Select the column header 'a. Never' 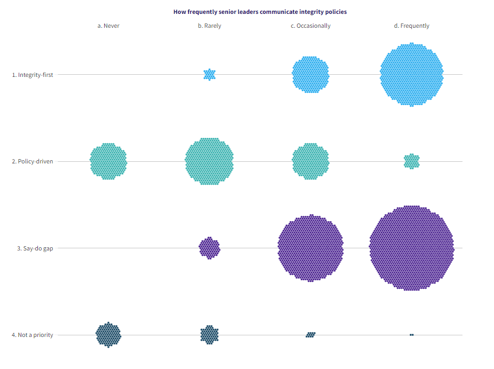click(x=108, y=26)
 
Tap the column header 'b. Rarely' click(x=209, y=26)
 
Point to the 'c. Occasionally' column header click(x=310, y=26)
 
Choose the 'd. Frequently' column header click(x=411, y=26)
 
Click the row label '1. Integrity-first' click(x=33, y=75)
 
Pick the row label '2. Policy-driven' click(x=33, y=161)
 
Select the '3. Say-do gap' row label click(x=35, y=248)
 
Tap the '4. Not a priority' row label click(x=33, y=335)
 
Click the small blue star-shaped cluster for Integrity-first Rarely click(x=209, y=75)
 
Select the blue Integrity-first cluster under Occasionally click(x=310, y=75)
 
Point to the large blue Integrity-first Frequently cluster click(x=411, y=75)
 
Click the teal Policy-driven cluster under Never click(x=108, y=161)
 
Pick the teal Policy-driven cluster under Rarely click(x=209, y=161)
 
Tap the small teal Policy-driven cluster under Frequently click(x=411, y=161)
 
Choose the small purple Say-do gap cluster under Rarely click(x=209, y=248)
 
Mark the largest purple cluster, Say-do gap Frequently click(x=411, y=248)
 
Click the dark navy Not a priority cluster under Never click(x=108, y=335)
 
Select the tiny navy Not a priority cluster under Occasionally click(x=310, y=335)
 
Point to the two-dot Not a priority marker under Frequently click(x=411, y=335)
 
